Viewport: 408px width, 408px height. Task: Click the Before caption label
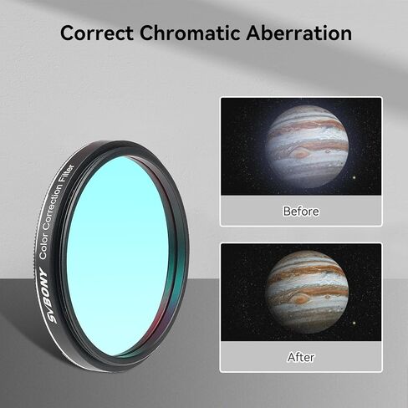pyautogui.click(x=301, y=212)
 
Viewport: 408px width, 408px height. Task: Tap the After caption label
pyautogui.click(x=301, y=357)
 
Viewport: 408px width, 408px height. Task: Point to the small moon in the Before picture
pyautogui.click(x=356, y=176)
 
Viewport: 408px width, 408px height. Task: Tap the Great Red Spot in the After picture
pyautogui.click(x=298, y=298)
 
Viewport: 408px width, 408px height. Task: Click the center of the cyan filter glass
pyautogui.click(x=117, y=251)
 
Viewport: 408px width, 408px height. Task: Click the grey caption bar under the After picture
pyautogui.click(x=251, y=357)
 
